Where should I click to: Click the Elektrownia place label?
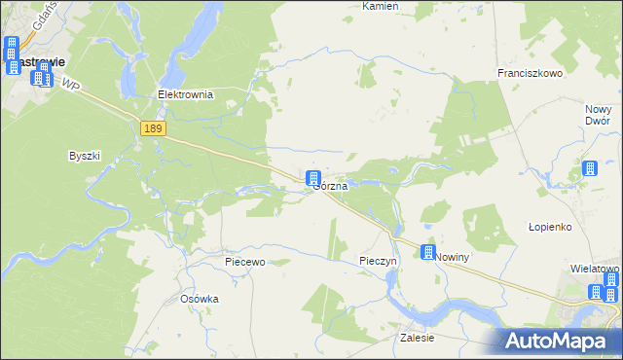coord(185,95)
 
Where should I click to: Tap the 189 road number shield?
coord(153,128)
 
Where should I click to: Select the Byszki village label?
coord(85,156)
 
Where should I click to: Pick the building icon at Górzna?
coord(313,179)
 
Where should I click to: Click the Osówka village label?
coord(200,299)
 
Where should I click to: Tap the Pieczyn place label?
coord(378,262)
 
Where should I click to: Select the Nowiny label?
coord(453,257)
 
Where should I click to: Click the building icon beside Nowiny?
coord(427,253)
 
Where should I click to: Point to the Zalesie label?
coord(417,338)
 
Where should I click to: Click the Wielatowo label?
coord(596,268)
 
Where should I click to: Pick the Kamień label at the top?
coord(381,6)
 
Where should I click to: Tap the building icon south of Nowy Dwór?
coord(589,169)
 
